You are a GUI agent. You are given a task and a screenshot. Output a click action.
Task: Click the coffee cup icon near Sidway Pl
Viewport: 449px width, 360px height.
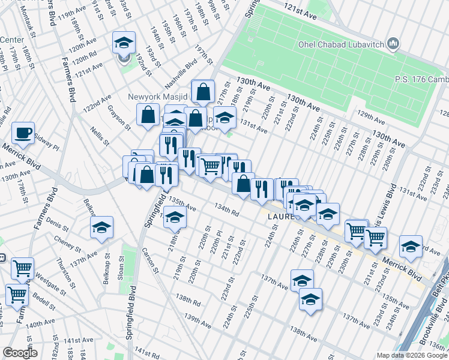pyautogui.click(x=23, y=133)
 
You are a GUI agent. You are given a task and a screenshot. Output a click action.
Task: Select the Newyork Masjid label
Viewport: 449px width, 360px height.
pyautogui.click(x=158, y=96)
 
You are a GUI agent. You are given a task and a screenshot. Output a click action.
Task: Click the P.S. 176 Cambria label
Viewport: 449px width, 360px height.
pyautogui.click(x=421, y=79)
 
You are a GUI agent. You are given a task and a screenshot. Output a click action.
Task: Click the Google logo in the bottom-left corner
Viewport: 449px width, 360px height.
pyautogui.click(x=20, y=353)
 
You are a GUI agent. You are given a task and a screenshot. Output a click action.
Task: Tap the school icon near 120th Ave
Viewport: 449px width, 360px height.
pyautogui.click(x=124, y=43)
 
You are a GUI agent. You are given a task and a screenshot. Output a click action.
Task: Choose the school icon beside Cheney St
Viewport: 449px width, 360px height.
pyautogui.click(x=102, y=227)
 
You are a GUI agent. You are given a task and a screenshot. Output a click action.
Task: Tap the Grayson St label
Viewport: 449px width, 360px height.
pyautogui.click(x=119, y=117)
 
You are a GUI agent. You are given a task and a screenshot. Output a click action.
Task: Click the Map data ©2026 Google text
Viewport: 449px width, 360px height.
pyautogui.click(x=412, y=355)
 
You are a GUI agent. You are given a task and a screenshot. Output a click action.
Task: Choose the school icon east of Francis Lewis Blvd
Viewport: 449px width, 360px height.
pyautogui.click(x=411, y=247)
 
